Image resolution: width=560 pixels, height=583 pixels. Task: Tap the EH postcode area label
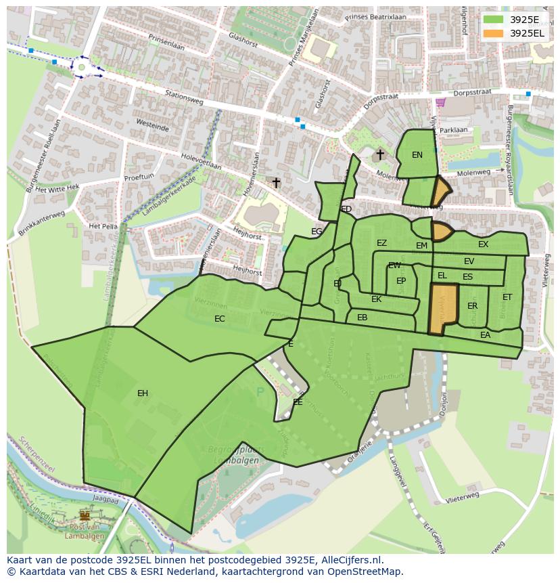click(143, 393)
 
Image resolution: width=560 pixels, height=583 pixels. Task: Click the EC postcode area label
click(220, 319)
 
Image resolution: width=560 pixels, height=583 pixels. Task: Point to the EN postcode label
click(417, 155)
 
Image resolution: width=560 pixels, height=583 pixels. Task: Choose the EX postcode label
click(483, 244)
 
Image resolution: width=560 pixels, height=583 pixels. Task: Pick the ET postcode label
click(507, 297)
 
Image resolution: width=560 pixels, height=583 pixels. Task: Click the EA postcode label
click(485, 335)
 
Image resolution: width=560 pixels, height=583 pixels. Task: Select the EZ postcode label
click(382, 243)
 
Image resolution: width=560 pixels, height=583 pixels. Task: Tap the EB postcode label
click(362, 318)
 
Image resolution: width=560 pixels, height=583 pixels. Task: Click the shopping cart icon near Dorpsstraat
click(441, 102)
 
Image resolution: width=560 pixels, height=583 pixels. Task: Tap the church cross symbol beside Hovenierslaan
click(276, 183)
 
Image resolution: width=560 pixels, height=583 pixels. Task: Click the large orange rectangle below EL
click(443, 308)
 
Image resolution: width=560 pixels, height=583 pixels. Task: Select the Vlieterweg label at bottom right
click(463, 498)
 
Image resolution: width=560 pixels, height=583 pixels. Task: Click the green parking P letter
click(260, 392)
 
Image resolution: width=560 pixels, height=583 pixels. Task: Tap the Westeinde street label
click(153, 127)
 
